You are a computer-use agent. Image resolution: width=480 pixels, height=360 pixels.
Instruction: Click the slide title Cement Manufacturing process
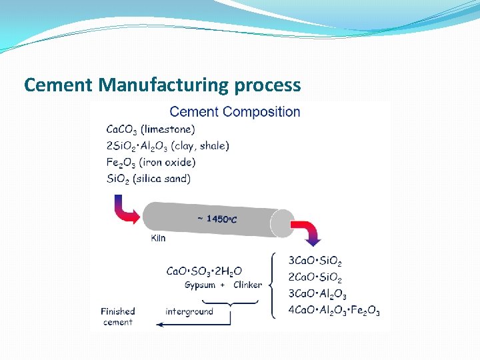point(162,85)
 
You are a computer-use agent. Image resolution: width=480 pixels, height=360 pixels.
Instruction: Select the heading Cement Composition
point(235,112)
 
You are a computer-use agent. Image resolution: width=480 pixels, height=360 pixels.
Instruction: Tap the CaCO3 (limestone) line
point(151,129)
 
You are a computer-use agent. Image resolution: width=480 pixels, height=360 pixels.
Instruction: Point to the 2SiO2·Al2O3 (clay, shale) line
point(167,146)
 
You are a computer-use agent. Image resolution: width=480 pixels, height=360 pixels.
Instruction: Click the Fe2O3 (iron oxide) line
point(151,162)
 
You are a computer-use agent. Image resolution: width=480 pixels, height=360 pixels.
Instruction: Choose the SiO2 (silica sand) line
point(149,179)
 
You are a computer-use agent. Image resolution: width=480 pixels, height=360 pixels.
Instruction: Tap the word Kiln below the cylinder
point(159,238)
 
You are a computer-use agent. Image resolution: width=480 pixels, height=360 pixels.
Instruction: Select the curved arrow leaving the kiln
point(309,229)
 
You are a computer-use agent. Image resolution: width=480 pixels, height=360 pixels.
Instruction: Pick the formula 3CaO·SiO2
point(315,261)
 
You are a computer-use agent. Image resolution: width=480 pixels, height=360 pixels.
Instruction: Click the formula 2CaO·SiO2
point(315,277)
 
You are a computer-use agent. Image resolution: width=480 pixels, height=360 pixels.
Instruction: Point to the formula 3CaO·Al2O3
point(317,294)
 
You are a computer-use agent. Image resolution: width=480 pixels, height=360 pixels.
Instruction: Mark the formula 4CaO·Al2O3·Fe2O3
point(334,310)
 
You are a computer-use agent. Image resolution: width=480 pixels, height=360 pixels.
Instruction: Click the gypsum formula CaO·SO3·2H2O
point(204,271)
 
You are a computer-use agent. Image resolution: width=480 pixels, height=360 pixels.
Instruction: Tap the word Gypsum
point(200,285)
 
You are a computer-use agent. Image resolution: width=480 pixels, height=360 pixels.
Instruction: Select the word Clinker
point(247,285)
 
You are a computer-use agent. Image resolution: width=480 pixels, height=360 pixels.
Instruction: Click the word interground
point(189,311)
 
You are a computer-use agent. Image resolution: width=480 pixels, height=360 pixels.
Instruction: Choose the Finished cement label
point(118,317)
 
